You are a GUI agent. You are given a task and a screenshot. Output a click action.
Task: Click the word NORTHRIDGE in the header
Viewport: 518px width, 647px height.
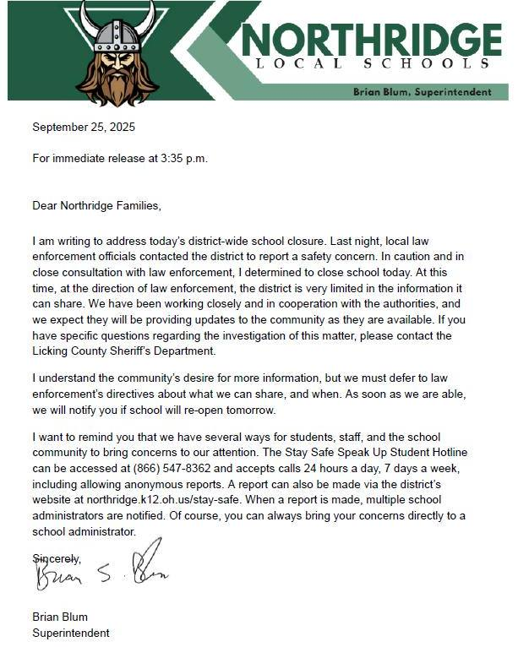(x=372, y=39)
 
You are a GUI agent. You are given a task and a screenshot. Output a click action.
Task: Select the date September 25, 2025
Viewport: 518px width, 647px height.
(x=84, y=128)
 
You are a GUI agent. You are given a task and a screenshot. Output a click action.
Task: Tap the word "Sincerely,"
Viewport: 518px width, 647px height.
(x=56, y=558)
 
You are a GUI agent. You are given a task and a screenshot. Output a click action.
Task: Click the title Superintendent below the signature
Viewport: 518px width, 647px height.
(x=70, y=632)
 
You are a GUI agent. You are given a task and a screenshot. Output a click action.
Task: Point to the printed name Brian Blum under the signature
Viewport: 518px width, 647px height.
(x=60, y=617)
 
